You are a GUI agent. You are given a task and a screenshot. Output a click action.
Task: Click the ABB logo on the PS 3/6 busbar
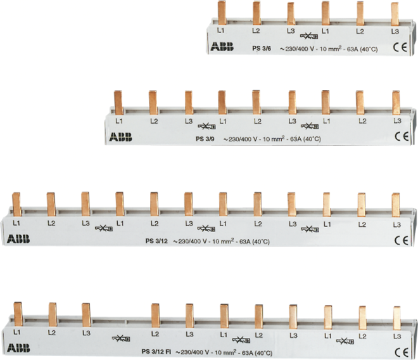tap(222, 46)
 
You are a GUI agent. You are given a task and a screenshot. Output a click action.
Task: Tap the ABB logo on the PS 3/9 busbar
tap(120, 137)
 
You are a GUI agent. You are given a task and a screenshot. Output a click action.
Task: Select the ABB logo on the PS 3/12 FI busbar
tap(18, 348)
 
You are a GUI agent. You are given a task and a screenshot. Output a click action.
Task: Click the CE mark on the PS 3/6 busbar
tap(400, 48)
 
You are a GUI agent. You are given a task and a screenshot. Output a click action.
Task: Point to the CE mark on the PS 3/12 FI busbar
tap(402, 352)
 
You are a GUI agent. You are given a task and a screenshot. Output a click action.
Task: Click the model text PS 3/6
tap(262, 49)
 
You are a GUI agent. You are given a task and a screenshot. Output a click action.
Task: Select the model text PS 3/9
tap(205, 139)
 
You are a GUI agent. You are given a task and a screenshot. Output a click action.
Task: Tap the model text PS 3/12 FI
tap(156, 352)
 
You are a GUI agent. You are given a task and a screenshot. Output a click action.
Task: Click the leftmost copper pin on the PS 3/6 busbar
tap(222, 13)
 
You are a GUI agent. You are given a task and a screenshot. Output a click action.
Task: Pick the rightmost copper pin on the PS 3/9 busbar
tap(396, 103)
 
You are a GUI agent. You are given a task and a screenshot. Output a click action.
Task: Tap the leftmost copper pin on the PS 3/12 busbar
tap(16, 205)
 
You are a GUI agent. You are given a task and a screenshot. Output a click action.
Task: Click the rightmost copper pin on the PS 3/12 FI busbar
tap(397, 318)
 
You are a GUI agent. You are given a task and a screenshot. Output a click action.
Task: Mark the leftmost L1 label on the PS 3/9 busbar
tap(119, 121)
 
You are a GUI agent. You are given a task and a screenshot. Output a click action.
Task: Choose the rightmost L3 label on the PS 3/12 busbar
tap(397, 225)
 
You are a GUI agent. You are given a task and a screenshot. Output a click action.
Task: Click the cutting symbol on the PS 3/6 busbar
tap(309, 36)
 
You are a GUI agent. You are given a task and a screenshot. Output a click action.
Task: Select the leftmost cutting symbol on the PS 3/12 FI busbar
tap(121, 338)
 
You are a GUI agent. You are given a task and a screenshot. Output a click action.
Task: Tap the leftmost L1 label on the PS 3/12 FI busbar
tap(17, 333)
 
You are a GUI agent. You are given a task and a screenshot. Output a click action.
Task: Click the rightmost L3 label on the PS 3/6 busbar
tap(395, 31)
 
